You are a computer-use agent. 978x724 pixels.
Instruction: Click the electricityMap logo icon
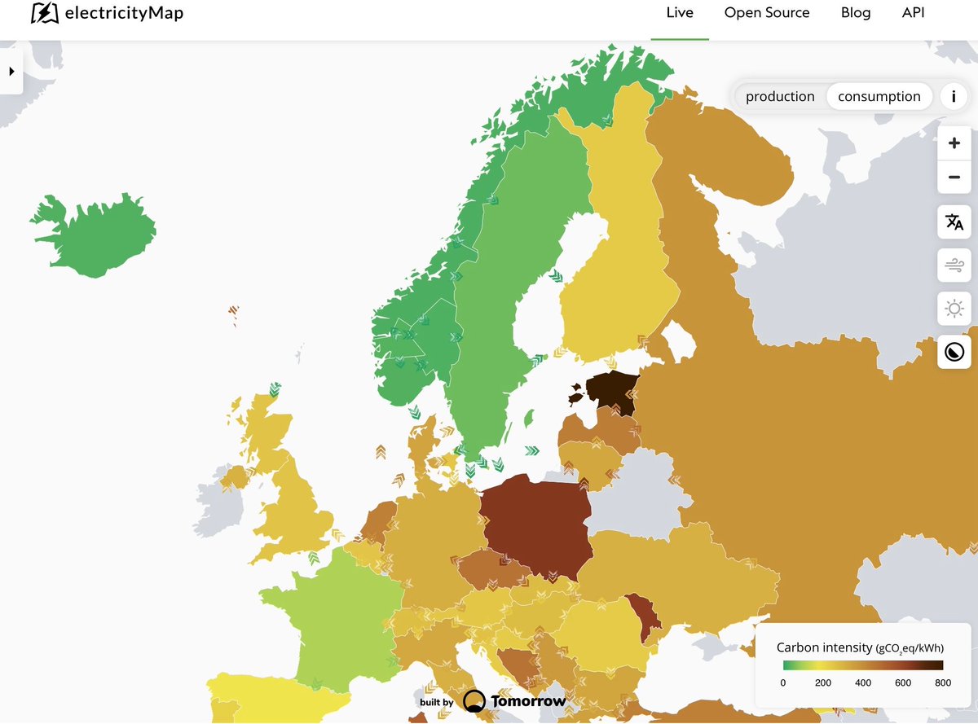coord(45,13)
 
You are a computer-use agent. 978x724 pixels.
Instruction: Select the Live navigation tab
coord(680,13)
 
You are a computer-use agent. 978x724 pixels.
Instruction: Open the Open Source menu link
coord(767,13)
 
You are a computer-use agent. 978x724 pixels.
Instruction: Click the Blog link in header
coord(856,13)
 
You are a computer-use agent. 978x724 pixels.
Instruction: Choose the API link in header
coord(913,13)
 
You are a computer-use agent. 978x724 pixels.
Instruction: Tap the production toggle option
coord(780,96)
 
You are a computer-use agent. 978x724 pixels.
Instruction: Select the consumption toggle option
coord(879,96)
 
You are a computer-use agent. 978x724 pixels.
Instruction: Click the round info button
coord(954,96)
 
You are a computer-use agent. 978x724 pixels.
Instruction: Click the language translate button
coord(954,222)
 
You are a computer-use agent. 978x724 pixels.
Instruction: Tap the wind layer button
coord(954,265)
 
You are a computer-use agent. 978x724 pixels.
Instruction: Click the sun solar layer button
coord(954,309)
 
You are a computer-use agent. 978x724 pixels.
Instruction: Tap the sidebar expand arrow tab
coord(11,72)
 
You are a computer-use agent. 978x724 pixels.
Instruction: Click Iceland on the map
coord(94,236)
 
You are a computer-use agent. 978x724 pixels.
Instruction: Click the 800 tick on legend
coord(943,682)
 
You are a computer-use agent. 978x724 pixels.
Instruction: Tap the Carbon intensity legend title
coord(860,647)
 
